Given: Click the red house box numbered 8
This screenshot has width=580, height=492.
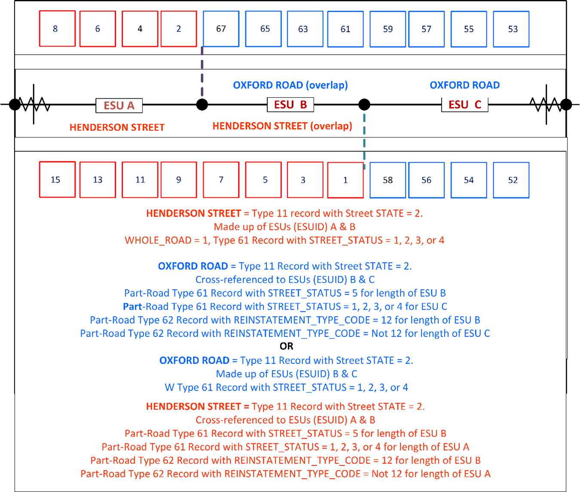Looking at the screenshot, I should point(57,29).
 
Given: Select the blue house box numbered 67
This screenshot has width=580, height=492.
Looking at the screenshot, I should point(221,29).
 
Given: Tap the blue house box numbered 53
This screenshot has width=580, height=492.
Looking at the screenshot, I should point(511,29).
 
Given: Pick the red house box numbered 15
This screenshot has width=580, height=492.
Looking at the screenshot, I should point(57,180).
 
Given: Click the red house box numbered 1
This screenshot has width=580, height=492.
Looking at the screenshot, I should point(345,180).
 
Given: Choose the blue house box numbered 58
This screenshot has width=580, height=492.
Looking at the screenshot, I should point(388,180).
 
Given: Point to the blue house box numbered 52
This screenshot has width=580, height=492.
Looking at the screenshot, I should point(511,180).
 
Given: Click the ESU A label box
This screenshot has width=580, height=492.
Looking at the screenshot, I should point(119,105).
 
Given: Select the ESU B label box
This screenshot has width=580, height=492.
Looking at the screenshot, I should point(290,105).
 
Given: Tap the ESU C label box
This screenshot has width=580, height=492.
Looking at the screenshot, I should point(465,105).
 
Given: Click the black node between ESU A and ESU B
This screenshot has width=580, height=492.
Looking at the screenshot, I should point(202,105).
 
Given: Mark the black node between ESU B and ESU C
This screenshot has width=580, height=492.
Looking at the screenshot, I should point(364,105).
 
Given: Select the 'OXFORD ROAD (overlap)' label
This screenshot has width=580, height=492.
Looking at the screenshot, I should point(290,85).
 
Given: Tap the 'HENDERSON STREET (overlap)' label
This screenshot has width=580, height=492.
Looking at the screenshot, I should point(282,126).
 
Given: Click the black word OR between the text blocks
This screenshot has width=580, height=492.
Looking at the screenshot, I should point(287,346).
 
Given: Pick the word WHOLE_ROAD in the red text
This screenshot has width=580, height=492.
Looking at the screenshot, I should point(158,240).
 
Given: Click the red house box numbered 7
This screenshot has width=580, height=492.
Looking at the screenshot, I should point(221,180).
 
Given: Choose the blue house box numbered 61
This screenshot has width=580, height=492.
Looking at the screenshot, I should point(345,29).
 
